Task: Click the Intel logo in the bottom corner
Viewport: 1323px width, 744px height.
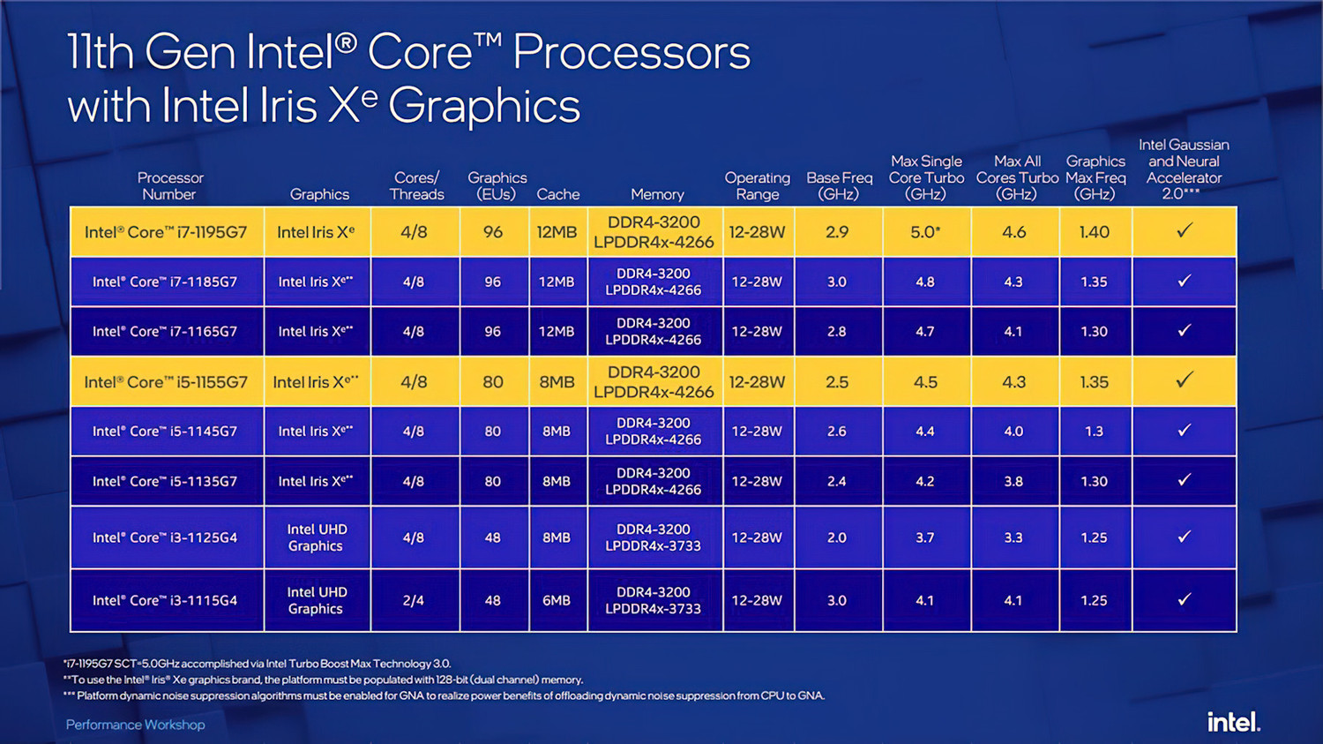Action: [1233, 723]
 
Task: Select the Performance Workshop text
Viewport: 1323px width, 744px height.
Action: [135, 725]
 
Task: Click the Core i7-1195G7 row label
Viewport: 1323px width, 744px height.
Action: [166, 232]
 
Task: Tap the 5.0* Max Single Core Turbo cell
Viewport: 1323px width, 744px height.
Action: [925, 232]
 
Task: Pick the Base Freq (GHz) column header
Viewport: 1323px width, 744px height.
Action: [838, 185]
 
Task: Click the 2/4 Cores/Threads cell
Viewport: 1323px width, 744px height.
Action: [413, 600]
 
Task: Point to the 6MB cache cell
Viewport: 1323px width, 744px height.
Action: [557, 600]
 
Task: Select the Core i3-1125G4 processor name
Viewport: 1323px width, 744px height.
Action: [165, 537]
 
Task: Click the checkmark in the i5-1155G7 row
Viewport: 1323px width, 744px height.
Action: [1184, 380]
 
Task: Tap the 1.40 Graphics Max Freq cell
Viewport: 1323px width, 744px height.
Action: [1094, 232]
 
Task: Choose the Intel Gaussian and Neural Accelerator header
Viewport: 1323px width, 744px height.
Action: [1183, 169]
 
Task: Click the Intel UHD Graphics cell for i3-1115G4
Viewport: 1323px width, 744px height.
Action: [316, 600]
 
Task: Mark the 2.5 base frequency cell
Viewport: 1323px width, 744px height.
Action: [837, 382]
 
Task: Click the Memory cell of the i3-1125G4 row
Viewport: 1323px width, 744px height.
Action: [654, 537]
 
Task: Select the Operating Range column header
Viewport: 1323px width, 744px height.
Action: [757, 185]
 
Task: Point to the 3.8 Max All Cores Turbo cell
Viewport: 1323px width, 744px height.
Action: [1013, 481]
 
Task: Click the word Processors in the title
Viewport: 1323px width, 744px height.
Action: [631, 53]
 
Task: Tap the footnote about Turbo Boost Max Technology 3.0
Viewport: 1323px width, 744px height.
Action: [257, 664]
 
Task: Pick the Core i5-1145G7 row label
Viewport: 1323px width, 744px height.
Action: [165, 432]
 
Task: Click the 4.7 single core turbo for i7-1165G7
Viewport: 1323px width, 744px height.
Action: [924, 332]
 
